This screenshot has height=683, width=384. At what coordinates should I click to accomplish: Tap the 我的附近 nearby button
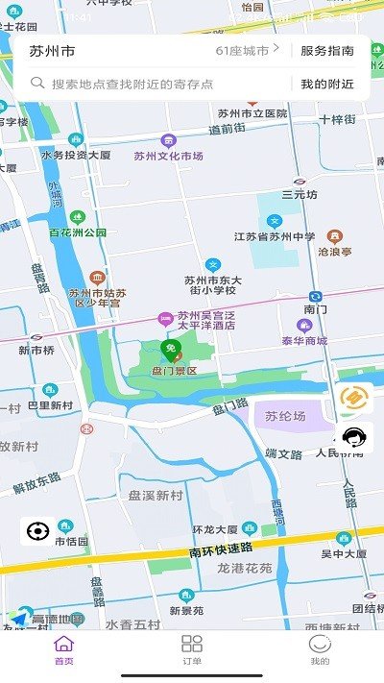click(x=327, y=84)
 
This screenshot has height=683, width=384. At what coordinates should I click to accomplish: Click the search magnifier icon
click(x=38, y=84)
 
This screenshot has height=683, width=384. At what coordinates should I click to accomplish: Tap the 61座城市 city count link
click(x=247, y=50)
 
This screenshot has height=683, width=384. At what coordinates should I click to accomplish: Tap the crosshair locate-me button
click(x=37, y=530)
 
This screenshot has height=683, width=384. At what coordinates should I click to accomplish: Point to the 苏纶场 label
click(x=285, y=417)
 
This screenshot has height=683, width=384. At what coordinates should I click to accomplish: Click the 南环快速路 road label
click(x=222, y=552)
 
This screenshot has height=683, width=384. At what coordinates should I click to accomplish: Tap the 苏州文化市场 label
click(x=168, y=156)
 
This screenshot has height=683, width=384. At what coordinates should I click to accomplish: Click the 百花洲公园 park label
click(x=78, y=232)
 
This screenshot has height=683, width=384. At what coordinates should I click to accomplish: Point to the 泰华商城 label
click(x=304, y=340)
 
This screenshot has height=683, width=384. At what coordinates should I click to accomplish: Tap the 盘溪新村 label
click(x=155, y=496)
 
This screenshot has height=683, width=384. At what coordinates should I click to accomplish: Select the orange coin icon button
click(x=355, y=398)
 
